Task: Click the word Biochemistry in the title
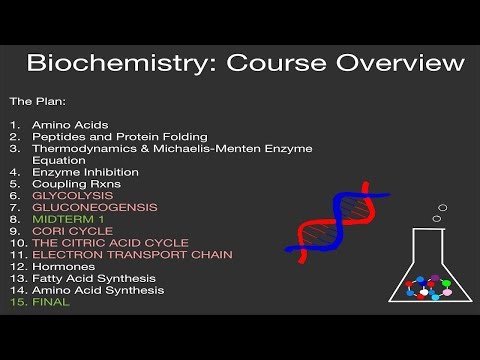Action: [104, 65]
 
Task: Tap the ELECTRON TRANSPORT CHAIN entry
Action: [132, 255]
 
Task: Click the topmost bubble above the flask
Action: [442, 208]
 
